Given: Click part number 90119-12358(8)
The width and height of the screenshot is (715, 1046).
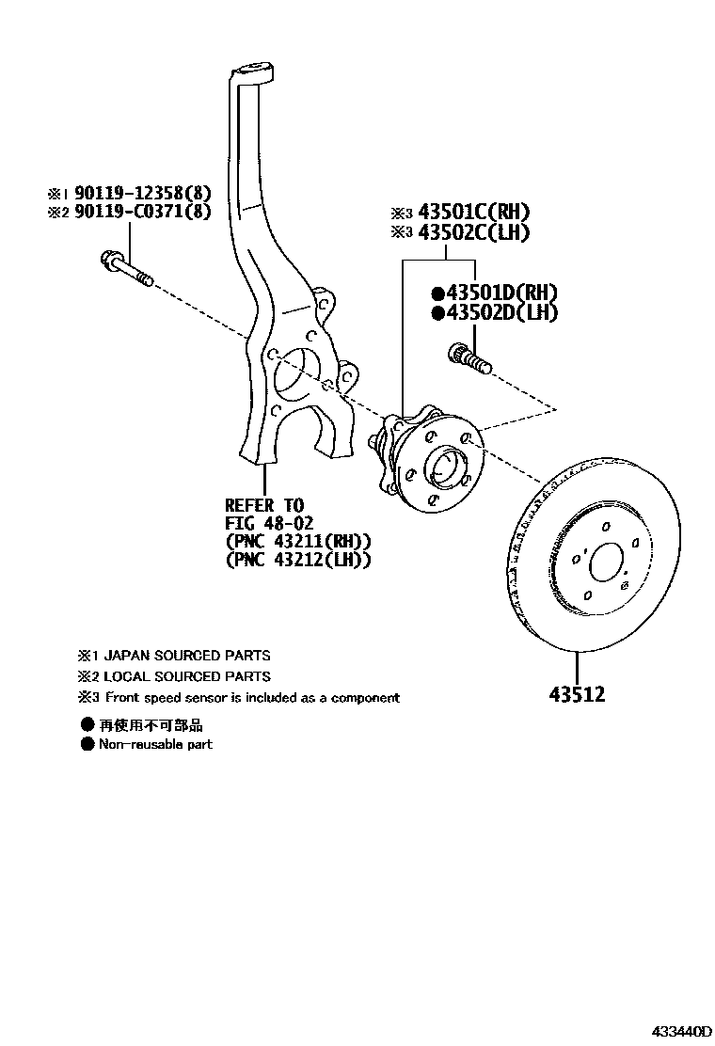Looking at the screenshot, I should (x=149, y=193).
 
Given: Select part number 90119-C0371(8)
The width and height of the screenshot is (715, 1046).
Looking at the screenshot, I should (x=149, y=213).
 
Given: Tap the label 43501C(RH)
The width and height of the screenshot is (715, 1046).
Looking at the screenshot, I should (x=474, y=212).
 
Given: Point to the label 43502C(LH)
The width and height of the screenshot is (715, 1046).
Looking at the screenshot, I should (x=474, y=232).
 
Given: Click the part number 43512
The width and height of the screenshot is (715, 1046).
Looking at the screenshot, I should (x=578, y=695).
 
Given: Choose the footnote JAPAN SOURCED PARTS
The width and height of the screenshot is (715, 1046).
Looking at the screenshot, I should (x=186, y=656).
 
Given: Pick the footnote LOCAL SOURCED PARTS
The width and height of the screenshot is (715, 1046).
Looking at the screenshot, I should (x=186, y=676).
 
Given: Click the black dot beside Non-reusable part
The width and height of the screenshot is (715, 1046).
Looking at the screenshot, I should (x=87, y=744).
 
